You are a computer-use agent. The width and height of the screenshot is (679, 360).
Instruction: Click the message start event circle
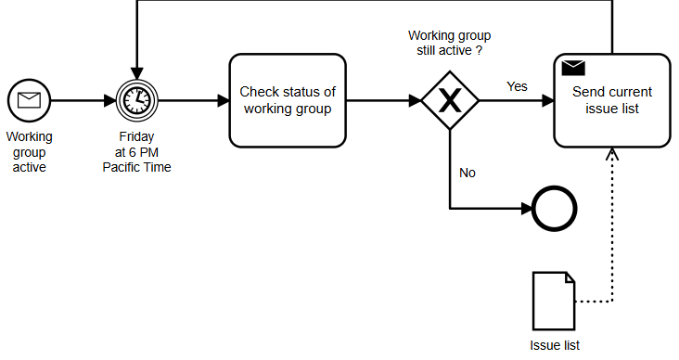point(28,100)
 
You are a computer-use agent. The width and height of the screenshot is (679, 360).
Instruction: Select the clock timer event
point(136,100)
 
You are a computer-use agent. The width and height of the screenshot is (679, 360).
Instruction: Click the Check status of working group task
point(288,100)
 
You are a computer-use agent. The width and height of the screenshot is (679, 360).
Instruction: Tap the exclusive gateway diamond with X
point(450,100)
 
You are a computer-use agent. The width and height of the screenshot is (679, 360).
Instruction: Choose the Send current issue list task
point(611,100)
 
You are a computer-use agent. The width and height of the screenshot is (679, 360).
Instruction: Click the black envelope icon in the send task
point(573,68)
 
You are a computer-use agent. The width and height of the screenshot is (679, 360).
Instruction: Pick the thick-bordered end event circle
point(555,210)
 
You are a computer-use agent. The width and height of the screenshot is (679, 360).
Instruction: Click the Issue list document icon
point(554,302)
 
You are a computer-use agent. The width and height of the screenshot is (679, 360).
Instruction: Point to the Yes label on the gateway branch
point(517,86)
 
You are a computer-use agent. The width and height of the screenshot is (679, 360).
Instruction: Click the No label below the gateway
point(468,173)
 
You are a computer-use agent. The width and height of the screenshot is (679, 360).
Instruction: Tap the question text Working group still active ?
point(450,43)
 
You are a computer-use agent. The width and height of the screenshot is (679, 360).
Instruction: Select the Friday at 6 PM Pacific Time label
point(136,152)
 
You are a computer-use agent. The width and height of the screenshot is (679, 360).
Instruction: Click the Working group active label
point(29,152)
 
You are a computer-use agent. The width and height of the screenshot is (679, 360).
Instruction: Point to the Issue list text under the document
point(555,345)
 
